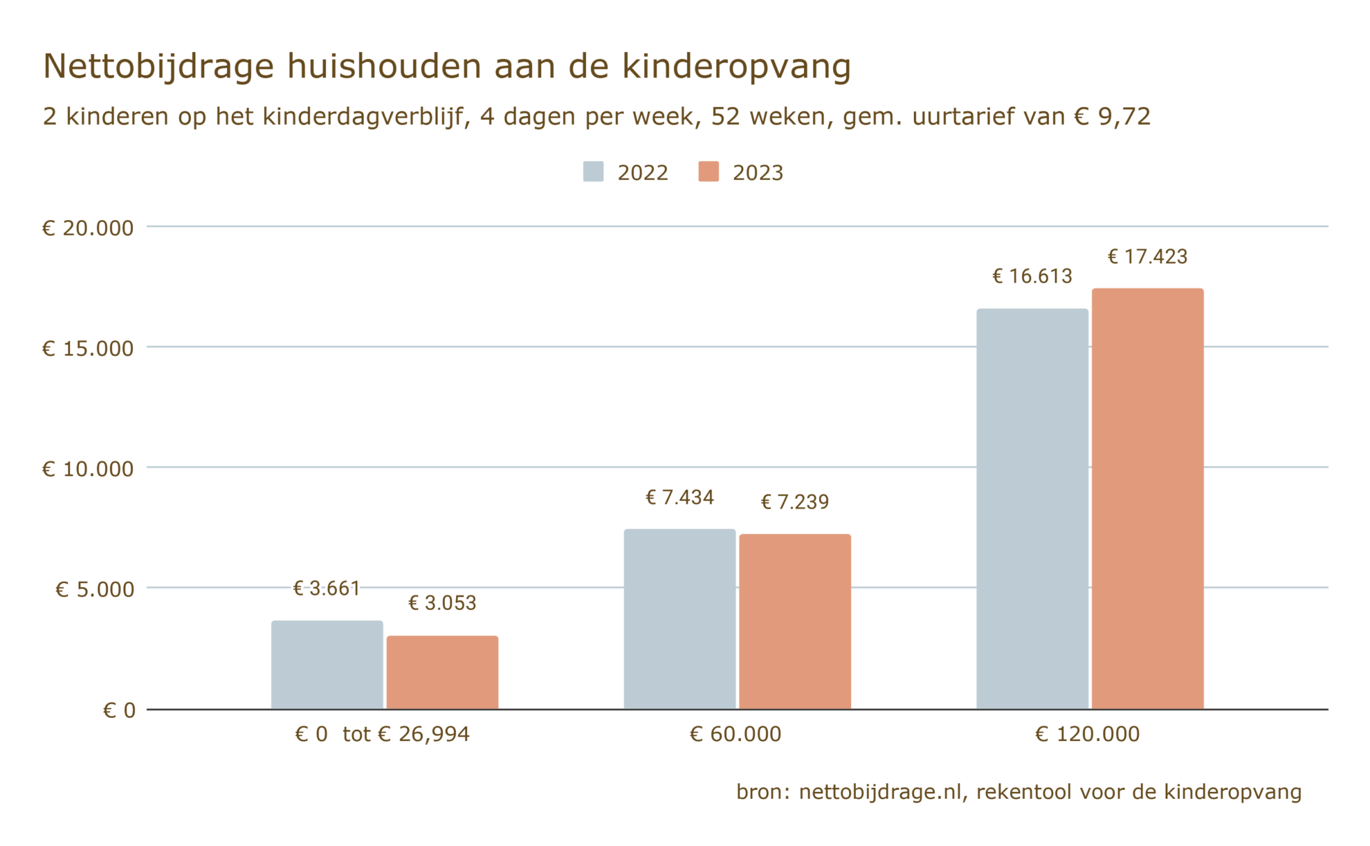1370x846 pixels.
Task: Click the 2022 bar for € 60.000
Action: point(679,619)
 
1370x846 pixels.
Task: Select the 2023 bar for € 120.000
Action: point(1147,499)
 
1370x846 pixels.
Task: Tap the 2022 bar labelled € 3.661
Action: point(327,665)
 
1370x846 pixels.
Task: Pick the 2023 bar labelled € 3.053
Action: point(442,672)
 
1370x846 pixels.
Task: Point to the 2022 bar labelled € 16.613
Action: point(1032,508)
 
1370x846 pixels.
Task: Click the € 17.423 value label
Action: point(1147,257)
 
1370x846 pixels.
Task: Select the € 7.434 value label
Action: point(679,498)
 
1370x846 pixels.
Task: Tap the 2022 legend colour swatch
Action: point(593,172)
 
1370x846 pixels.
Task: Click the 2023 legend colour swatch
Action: point(709,172)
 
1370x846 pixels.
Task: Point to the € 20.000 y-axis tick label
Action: point(88,228)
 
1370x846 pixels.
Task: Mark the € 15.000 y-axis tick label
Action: point(88,349)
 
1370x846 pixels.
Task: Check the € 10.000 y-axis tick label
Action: point(88,470)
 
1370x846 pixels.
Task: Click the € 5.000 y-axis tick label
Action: point(95,590)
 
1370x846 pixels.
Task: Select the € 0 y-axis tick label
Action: point(119,710)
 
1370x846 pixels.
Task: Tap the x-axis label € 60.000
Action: point(736,734)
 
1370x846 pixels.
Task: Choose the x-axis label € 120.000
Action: point(1087,734)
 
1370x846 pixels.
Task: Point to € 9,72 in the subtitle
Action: point(1112,117)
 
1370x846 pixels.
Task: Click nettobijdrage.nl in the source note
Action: point(880,792)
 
